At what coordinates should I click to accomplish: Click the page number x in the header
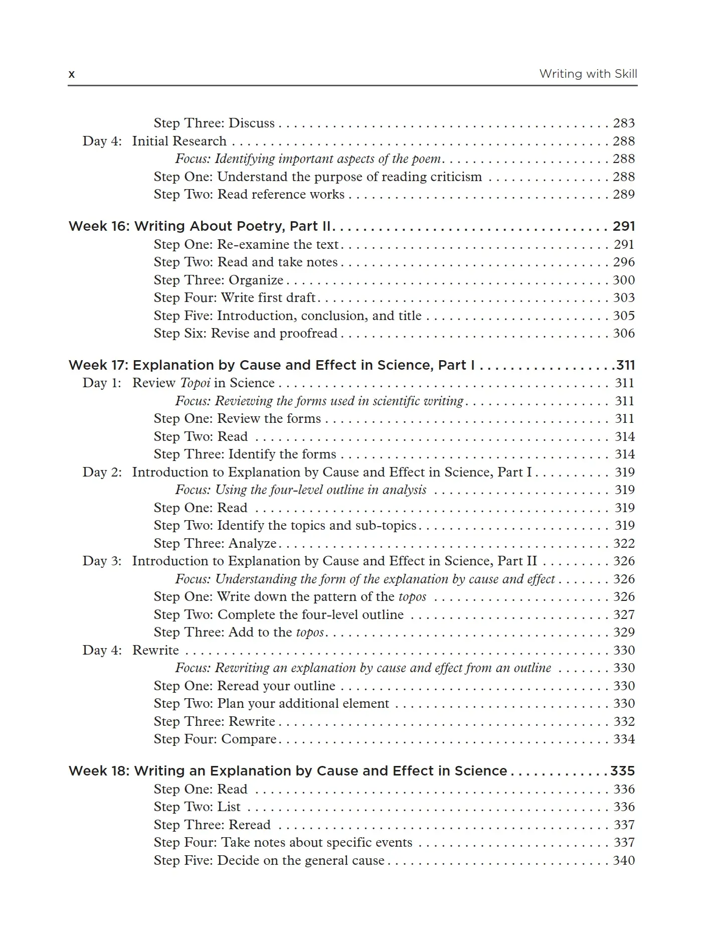pyautogui.click(x=71, y=75)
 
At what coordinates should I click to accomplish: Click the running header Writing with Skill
pyautogui.click(x=588, y=74)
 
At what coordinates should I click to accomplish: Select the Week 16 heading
pyautogui.click(x=200, y=226)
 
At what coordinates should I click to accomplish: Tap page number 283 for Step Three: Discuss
pyautogui.click(x=624, y=123)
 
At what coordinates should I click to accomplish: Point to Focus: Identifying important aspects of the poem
pyautogui.click(x=308, y=159)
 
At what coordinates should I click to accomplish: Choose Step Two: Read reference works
pyautogui.click(x=249, y=195)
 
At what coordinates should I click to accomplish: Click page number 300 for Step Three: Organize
pyautogui.click(x=624, y=280)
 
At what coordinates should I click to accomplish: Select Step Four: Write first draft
pyautogui.click(x=235, y=298)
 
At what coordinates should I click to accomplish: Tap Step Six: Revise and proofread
pyautogui.click(x=246, y=334)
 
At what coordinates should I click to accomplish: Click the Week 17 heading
pyautogui.click(x=271, y=365)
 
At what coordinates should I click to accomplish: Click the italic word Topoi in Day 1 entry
pyautogui.click(x=195, y=383)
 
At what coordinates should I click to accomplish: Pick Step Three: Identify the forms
pyautogui.click(x=245, y=454)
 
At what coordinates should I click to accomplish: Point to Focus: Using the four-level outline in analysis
pyautogui.click(x=301, y=490)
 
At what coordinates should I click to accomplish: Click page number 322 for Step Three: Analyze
pyautogui.click(x=624, y=544)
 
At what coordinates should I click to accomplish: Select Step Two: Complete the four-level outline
pyautogui.click(x=278, y=615)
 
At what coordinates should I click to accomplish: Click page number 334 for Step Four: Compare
pyautogui.click(x=624, y=739)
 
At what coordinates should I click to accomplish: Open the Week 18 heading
pyautogui.click(x=288, y=771)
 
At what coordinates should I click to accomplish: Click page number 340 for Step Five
pyautogui.click(x=624, y=861)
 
